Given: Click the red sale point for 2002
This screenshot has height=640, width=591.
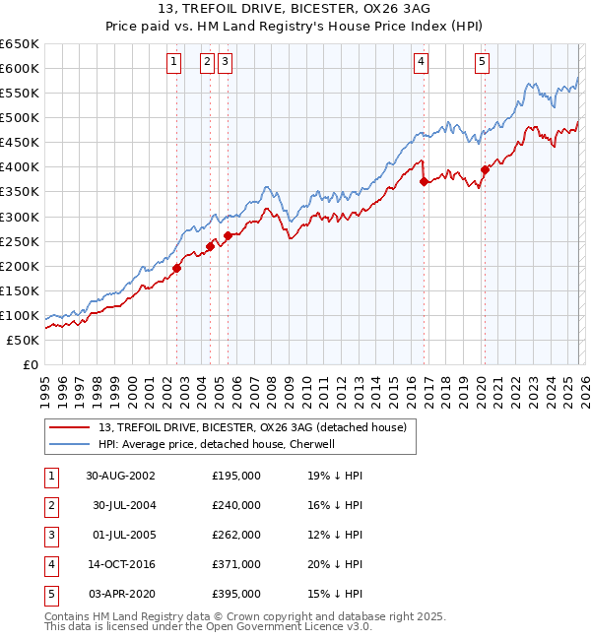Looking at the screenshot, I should coord(177,268).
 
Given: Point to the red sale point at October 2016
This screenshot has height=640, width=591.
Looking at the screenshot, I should coord(423,181).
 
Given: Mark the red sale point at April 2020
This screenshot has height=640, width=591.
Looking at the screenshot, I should coord(485,169).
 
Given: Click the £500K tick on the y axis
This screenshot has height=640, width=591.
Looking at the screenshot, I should coord(20,118).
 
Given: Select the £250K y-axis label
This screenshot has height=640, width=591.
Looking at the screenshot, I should coord(20,241).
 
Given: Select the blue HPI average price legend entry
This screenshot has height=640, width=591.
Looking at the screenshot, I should coord(217,444).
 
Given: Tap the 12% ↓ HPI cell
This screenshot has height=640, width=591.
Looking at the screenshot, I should coord(335,535).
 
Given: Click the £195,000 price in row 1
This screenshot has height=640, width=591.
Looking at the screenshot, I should coord(236,476).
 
